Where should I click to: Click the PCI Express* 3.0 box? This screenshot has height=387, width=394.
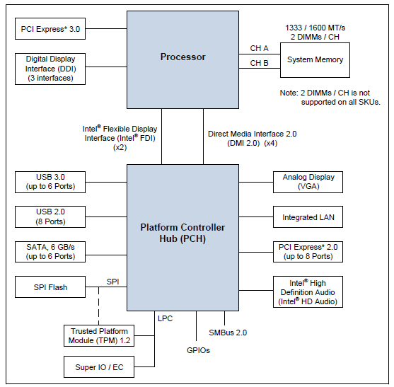50,28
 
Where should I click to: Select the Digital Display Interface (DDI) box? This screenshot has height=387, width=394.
50,69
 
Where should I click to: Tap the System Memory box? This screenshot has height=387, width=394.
315,60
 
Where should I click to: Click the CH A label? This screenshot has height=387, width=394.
259,48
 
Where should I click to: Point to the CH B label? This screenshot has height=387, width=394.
259,63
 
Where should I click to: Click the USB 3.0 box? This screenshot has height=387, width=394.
50,183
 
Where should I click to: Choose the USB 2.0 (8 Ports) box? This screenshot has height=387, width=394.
50,217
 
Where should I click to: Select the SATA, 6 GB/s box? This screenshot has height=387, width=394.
50,252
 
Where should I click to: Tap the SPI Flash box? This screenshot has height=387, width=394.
50,287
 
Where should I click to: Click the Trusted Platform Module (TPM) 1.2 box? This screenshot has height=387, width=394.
99,336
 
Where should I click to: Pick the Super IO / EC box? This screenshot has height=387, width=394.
99,367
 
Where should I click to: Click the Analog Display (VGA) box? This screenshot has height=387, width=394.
308,183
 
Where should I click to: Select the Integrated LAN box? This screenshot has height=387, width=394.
308,217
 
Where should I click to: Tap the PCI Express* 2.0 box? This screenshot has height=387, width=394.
308,252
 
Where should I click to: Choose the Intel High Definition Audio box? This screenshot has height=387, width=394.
308,292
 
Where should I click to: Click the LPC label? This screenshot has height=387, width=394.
165,318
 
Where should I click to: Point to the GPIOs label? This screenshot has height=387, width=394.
198,350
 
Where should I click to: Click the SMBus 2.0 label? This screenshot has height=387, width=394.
228,333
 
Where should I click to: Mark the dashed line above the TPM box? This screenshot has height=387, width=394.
98,306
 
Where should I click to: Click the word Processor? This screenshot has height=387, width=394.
183,57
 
